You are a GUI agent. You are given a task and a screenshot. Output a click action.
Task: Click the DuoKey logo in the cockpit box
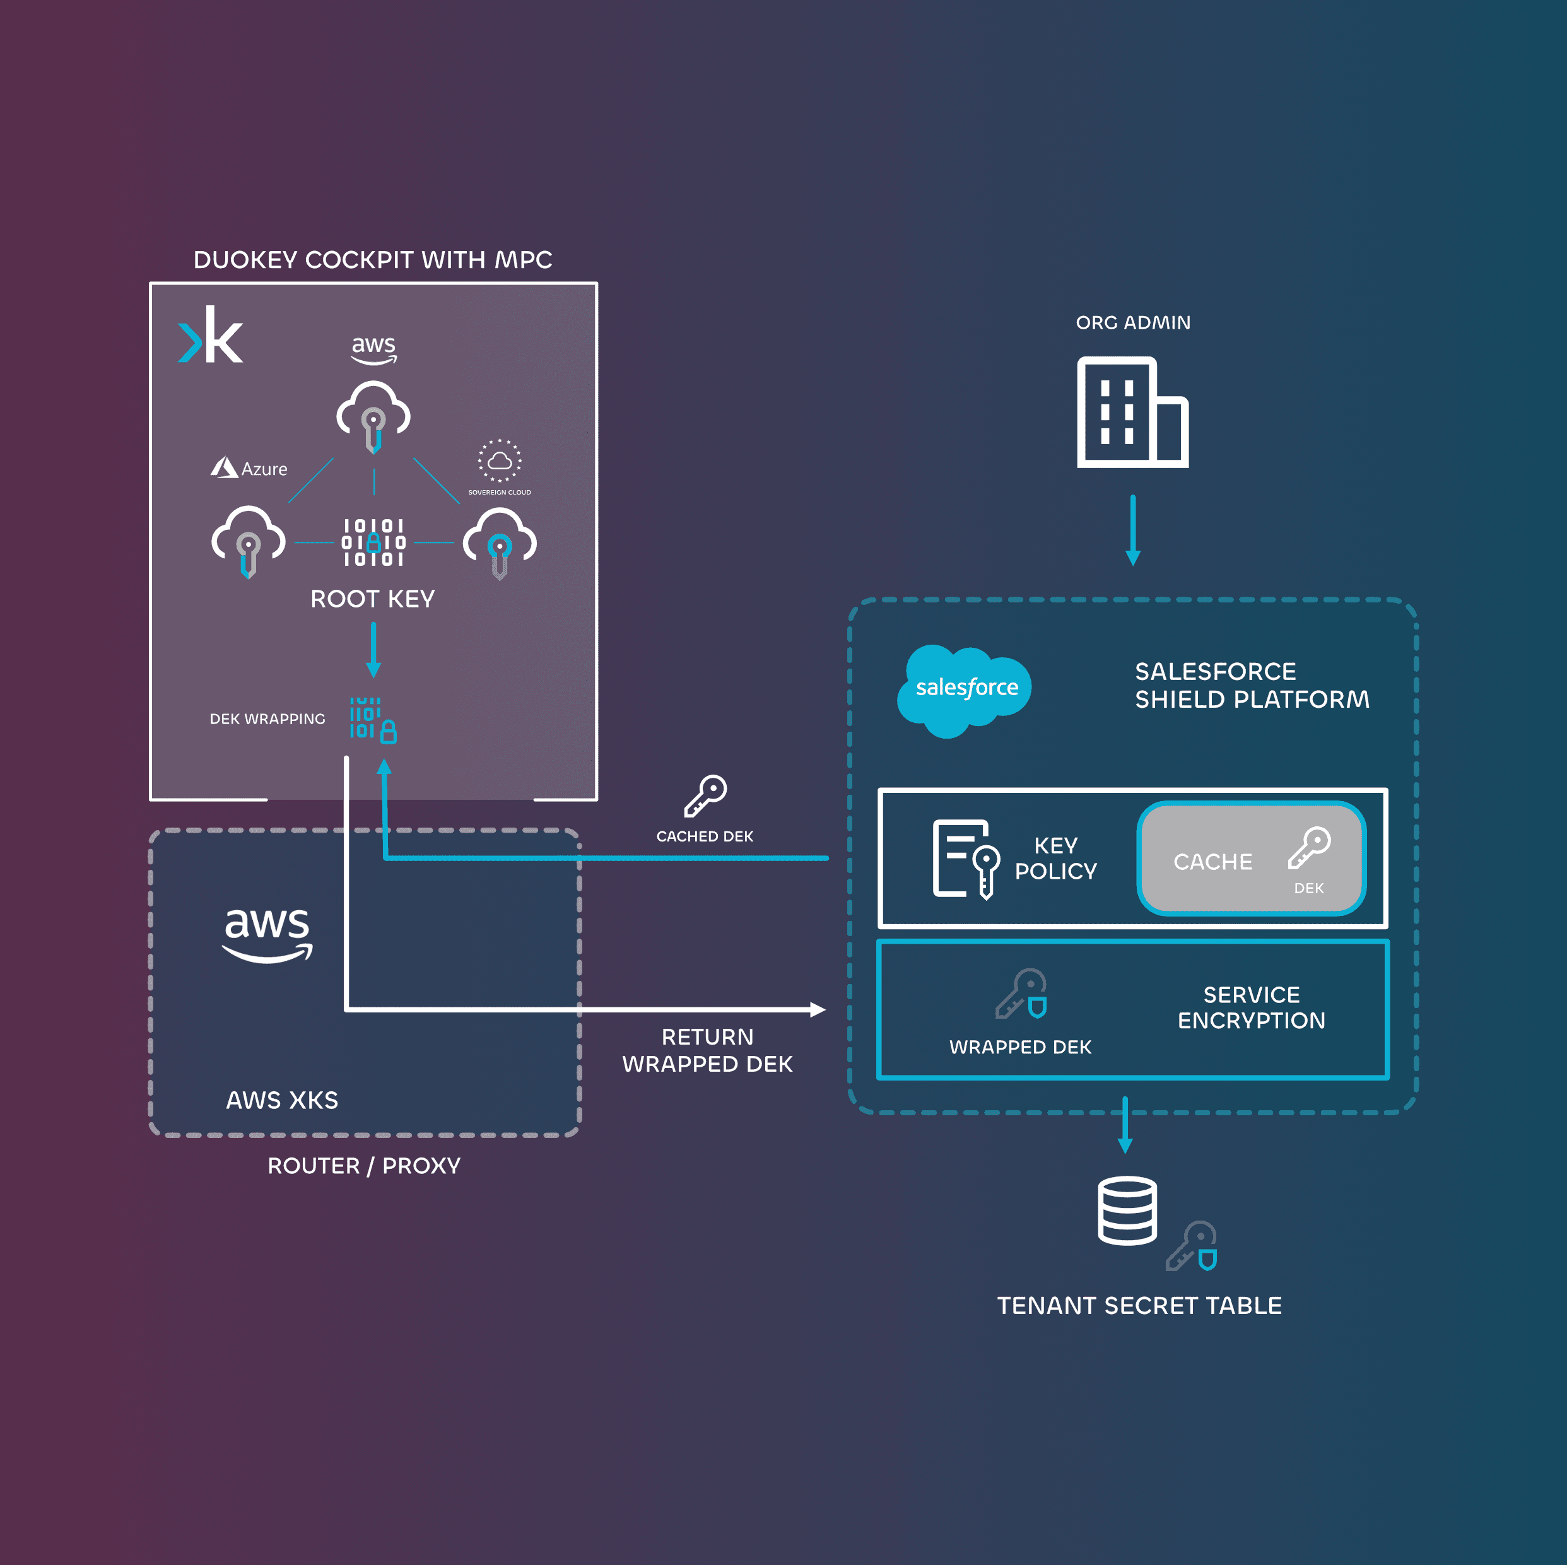tap(210, 335)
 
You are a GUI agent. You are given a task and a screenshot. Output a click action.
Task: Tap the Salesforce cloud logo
tap(965, 689)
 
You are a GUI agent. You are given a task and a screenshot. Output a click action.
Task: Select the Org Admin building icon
tap(1132, 412)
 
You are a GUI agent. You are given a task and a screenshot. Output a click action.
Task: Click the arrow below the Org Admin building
tap(1133, 530)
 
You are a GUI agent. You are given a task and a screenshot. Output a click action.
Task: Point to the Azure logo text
tap(250, 469)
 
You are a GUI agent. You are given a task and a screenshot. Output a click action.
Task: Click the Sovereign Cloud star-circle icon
tap(500, 460)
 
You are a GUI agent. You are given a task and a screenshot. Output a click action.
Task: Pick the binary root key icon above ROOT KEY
tap(373, 542)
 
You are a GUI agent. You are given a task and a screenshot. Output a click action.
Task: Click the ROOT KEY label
tap(372, 599)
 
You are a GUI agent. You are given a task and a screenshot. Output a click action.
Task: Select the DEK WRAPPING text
tap(267, 719)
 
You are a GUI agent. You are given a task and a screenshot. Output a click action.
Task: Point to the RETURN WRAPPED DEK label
tap(707, 1050)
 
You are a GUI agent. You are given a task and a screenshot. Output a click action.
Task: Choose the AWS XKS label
tap(281, 1100)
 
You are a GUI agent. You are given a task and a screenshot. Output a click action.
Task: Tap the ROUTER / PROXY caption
tap(364, 1166)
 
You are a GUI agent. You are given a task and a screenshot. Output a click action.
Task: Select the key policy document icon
tap(965, 860)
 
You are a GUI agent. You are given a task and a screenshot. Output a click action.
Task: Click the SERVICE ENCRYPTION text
tap(1251, 1008)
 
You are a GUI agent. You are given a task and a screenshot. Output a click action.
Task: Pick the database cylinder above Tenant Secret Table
tap(1127, 1210)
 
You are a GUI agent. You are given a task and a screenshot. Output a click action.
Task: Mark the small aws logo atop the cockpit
tap(373, 349)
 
